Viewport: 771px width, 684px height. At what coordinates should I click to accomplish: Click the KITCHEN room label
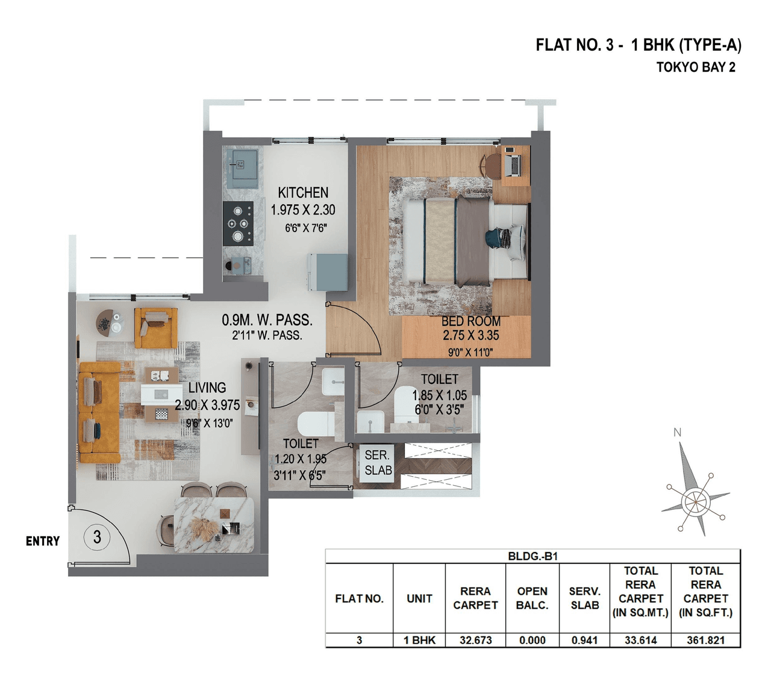(303, 193)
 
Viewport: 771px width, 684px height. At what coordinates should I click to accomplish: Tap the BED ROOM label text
(470, 322)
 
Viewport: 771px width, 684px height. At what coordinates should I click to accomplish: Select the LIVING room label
(207, 388)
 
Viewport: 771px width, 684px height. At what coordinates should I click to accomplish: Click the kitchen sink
(242, 165)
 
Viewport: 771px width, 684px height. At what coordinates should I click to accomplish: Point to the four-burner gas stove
(238, 223)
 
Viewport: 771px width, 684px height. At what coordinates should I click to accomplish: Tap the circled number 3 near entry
(97, 536)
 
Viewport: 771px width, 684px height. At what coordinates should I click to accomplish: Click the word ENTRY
(43, 541)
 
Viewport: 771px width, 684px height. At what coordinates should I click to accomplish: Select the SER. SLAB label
(378, 463)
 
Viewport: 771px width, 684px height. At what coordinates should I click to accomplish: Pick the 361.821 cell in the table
(705, 640)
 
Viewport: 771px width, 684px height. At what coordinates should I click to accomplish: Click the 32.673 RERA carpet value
(475, 640)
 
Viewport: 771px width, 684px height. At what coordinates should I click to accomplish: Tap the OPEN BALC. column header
(532, 598)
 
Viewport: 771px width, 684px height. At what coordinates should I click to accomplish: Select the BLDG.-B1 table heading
(532, 556)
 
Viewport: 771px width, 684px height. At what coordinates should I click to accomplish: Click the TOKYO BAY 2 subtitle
(696, 67)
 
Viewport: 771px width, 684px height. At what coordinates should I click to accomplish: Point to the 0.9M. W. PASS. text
(267, 320)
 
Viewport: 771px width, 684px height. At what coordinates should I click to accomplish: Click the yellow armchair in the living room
(155, 327)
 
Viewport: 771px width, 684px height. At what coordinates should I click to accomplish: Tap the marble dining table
(214, 524)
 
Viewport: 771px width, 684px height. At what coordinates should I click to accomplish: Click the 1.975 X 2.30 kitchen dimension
(303, 210)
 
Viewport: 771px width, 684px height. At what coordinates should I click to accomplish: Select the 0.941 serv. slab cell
(584, 640)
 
